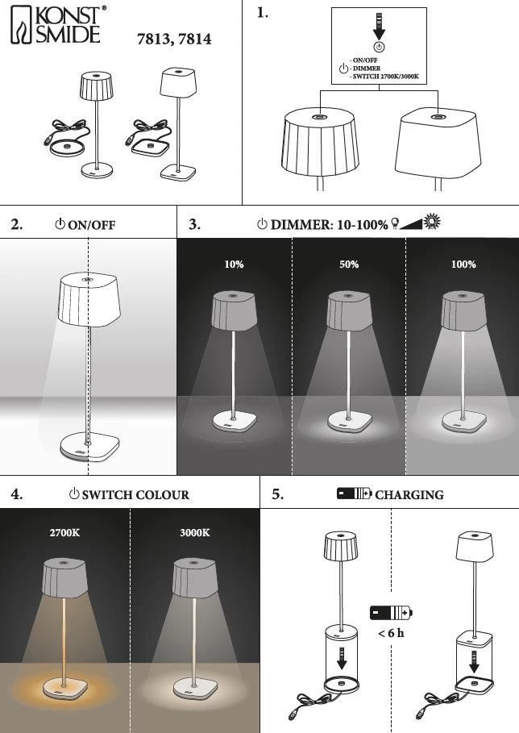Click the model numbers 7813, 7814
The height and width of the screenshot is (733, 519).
click(176, 39)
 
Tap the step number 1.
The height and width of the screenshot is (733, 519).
click(262, 13)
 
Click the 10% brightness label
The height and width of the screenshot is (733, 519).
click(234, 264)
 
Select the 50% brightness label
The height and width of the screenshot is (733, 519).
click(349, 264)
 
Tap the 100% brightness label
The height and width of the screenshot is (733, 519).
click(463, 264)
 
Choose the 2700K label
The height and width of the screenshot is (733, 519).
click(65, 533)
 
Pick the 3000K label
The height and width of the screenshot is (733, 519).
click(195, 533)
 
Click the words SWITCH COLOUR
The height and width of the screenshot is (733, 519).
click(135, 495)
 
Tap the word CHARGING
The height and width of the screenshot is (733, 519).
click(409, 495)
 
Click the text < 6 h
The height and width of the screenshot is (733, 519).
click(391, 633)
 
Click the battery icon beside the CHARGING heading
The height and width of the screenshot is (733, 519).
click(355, 494)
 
